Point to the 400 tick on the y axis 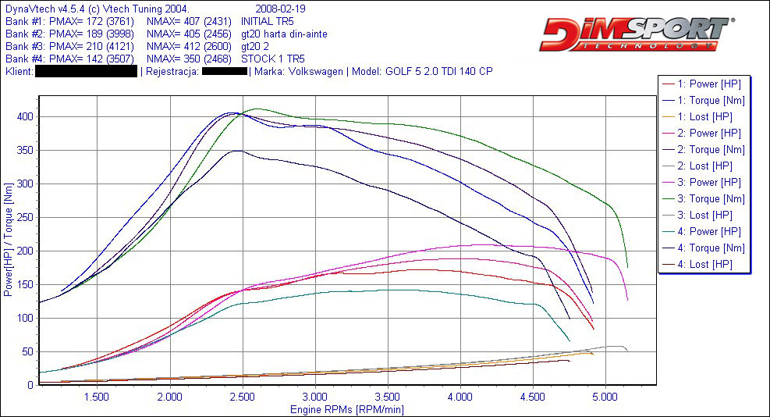click(23, 117)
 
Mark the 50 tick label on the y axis click(26, 351)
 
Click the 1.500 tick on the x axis click(97, 397)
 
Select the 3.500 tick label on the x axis click(388, 397)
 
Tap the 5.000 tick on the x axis click(606, 397)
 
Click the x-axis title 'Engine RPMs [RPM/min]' click(347, 409)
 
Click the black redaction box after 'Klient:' click(86, 71)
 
